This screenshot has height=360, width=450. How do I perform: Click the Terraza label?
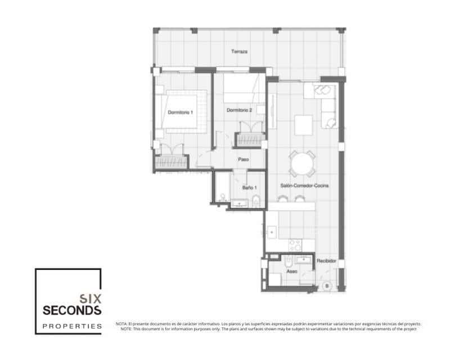tap(239, 52)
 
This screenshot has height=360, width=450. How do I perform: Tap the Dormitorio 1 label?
tap(181, 112)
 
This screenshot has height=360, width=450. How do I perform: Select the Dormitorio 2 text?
tap(239, 110)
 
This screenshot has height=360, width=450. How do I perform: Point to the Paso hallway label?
tap(243, 159)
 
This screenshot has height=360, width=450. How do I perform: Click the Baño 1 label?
tap(250, 187)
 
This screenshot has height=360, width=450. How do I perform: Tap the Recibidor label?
tap(326, 261)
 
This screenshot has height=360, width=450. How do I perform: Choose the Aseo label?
tap(291, 271)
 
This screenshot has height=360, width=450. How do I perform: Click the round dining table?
tap(301, 165)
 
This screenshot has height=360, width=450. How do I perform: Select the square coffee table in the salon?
tap(303, 125)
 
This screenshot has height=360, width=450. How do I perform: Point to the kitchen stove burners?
tap(295, 245)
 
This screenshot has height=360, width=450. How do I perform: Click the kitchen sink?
tap(272, 231)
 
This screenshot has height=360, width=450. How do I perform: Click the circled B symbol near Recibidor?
tap(327, 285)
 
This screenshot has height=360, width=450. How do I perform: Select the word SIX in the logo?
tap(90, 299)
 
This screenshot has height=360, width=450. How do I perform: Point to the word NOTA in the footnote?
tap(121, 324)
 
